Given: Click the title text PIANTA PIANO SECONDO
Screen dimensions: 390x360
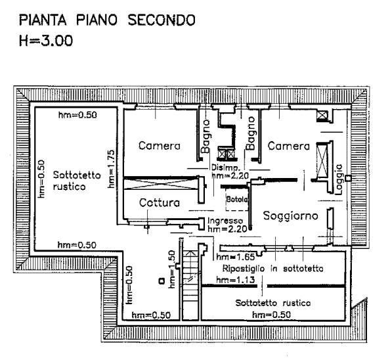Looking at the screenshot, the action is point(107,20).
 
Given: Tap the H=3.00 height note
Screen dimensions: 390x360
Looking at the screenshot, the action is point(46,41).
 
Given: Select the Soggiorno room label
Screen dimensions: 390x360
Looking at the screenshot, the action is point(290,216).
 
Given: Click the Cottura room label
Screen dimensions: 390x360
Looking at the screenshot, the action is point(160,203).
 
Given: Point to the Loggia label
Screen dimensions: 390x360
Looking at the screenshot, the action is point(339,179).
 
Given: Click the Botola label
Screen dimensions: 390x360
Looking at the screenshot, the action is point(237,199).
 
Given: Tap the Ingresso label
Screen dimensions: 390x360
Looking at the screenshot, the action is point(225,221).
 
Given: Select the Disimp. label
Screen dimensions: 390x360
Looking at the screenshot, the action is point(226,167).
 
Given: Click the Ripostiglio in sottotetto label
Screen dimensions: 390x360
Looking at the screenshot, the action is point(273,269).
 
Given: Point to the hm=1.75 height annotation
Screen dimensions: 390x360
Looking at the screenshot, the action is point(111,169).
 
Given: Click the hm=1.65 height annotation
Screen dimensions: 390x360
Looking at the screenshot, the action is point(236,257).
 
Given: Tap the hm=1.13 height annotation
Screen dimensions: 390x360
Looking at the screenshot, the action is point(236,280).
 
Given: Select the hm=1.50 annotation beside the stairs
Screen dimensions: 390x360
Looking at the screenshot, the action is point(172,269).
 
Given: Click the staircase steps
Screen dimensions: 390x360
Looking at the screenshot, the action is point(190,282).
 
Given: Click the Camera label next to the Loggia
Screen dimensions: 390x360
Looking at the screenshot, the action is point(288,146).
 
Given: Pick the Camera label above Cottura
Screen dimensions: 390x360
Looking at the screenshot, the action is point(159,146).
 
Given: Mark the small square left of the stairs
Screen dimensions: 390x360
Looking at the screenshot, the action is point(162,281).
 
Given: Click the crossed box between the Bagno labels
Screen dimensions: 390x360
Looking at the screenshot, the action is point(226,154).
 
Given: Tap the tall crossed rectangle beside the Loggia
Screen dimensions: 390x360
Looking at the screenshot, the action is point(322,160).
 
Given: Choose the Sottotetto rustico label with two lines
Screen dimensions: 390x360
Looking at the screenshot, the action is point(77,181).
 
